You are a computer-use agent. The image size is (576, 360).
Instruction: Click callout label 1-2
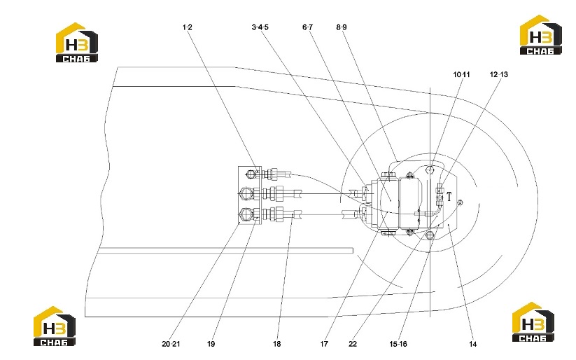pyautogui.click(x=188, y=27)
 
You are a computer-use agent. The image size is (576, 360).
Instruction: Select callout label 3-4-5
pyautogui.click(x=260, y=27)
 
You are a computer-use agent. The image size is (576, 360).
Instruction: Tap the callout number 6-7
pyautogui.click(x=307, y=27)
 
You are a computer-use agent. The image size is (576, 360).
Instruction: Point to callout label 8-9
pyautogui.click(x=342, y=27)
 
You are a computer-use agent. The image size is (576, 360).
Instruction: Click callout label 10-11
pyautogui.click(x=461, y=75)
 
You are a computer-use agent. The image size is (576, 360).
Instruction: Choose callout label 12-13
pyautogui.click(x=498, y=75)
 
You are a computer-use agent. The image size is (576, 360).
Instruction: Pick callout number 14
pyautogui.click(x=473, y=344)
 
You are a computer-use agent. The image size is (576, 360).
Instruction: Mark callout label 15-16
pyautogui.click(x=398, y=344)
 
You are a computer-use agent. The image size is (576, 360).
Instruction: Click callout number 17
pyautogui.click(x=323, y=344)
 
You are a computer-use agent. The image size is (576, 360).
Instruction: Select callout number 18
pyautogui.click(x=276, y=344)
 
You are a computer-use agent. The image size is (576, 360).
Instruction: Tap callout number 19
pyautogui.click(x=211, y=344)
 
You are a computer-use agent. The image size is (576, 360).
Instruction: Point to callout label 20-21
pyautogui.click(x=171, y=344)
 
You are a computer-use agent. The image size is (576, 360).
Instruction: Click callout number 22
pyautogui.click(x=353, y=344)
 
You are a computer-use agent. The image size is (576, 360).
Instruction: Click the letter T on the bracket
pyautogui.click(x=449, y=197)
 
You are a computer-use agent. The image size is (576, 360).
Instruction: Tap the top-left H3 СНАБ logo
pyautogui.click(x=77, y=42)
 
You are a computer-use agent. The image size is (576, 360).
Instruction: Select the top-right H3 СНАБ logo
pyautogui.click(x=540, y=35)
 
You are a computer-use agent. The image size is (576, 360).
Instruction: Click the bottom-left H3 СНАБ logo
pyautogui.click(x=55, y=326)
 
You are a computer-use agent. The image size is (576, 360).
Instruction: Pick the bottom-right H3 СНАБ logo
pyautogui.click(x=533, y=322)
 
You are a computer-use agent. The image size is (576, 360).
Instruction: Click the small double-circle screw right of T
pyautogui.click(x=461, y=202)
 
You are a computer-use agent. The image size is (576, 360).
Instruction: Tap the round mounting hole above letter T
pyautogui.click(x=430, y=169)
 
